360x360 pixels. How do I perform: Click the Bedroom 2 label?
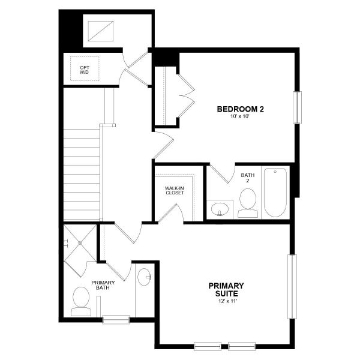pyautogui.click(x=241, y=109)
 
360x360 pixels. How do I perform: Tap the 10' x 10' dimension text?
pyautogui.click(x=241, y=118)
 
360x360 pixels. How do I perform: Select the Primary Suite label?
pyautogui.click(x=226, y=290)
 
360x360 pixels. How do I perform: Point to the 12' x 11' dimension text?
pyautogui.click(x=226, y=302)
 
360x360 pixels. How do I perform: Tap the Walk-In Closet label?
pyautogui.click(x=175, y=191)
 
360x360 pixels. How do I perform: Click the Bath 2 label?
pyautogui.click(x=248, y=178)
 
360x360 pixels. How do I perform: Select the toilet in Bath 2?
pyautogui.click(x=247, y=203)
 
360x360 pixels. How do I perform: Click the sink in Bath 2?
pyautogui.click(x=220, y=209)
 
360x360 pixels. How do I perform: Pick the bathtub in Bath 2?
pyautogui.click(x=276, y=192)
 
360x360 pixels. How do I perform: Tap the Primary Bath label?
pyautogui.click(x=103, y=286)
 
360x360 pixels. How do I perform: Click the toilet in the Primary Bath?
pyautogui.click(x=80, y=301)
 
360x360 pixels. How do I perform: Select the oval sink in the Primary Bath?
pyautogui.click(x=145, y=277)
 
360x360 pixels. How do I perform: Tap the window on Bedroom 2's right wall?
pyautogui.click(x=295, y=108)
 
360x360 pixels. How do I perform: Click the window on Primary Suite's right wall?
pyautogui.click(x=292, y=287)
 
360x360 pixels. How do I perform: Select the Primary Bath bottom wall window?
pyautogui.click(x=116, y=320)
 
